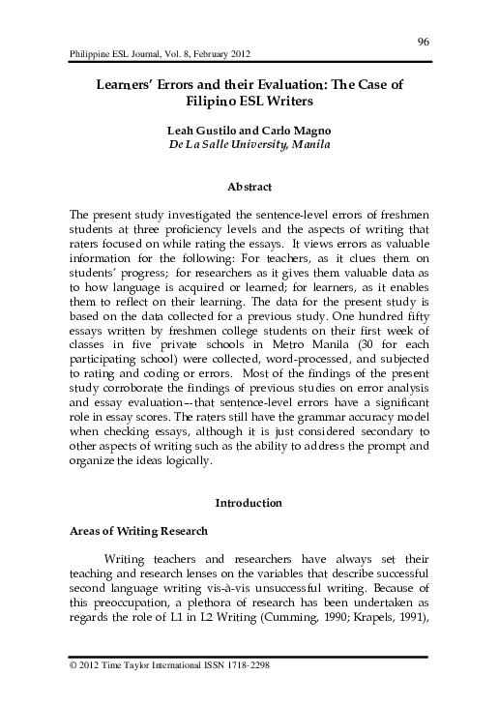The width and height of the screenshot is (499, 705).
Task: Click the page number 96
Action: pyautogui.click(x=423, y=40)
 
